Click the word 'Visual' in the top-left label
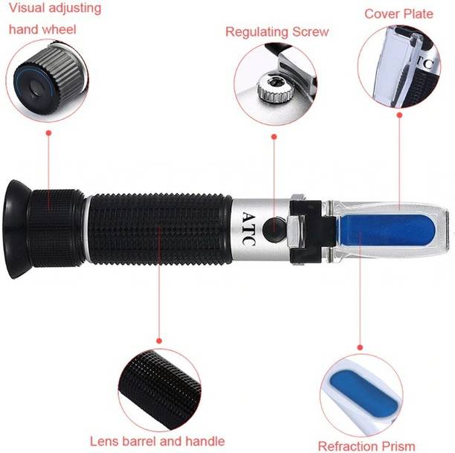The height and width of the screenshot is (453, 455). coord(28,10)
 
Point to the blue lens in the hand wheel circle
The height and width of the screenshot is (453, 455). coord(32,77)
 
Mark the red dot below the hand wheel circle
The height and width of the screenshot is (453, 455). coord(48,133)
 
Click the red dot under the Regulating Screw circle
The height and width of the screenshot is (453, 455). coord(274,136)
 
